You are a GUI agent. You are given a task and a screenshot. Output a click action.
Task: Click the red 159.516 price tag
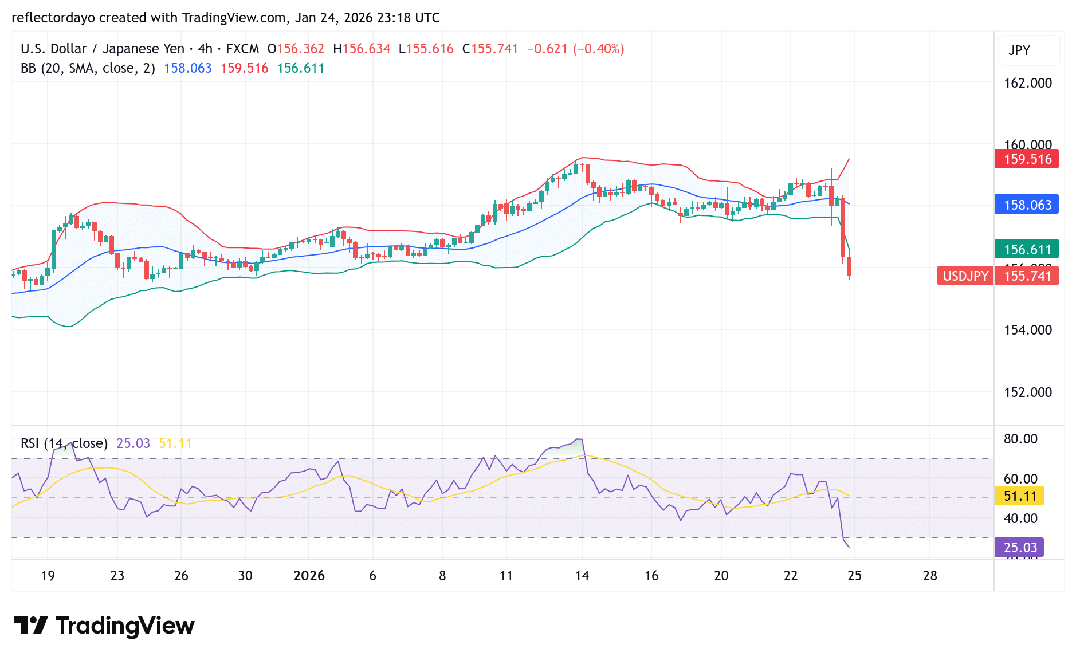tap(1027, 159)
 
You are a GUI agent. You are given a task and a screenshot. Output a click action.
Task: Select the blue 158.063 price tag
tap(1027, 205)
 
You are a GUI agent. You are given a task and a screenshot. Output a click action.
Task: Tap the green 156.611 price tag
tap(1027, 249)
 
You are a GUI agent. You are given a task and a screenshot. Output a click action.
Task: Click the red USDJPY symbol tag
tap(965, 276)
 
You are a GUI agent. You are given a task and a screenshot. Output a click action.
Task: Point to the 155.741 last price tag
tap(1027, 276)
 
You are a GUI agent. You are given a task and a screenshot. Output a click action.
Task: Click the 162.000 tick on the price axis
tap(1027, 83)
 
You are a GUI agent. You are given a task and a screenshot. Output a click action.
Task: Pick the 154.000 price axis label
tap(1027, 330)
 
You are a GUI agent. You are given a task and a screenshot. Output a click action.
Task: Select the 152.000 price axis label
tap(1027, 392)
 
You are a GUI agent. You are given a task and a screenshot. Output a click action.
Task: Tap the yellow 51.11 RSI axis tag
tap(1020, 496)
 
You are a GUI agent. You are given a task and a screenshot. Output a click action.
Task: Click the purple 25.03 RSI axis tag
tap(1020, 547)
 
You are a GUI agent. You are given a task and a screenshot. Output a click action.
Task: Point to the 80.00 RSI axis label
tap(1020, 439)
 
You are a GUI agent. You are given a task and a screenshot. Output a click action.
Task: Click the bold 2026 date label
tap(309, 576)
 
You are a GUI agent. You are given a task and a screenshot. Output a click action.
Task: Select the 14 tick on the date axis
tap(582, 576)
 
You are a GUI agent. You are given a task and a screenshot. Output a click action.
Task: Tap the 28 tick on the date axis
tap(930, 576)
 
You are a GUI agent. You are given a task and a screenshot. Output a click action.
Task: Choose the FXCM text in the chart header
tap(242, 49)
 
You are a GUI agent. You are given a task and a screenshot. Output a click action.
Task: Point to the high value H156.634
tap(362, 49)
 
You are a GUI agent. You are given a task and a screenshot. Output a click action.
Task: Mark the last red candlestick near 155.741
tap(849, 267)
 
